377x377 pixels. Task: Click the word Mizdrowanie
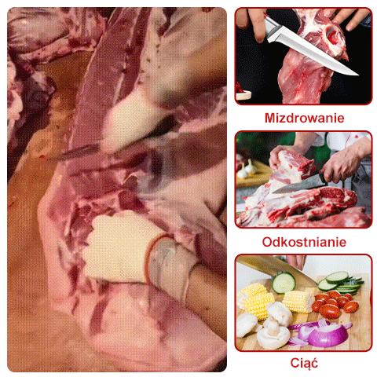click(x=304, y=118)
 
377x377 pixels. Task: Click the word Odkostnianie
click(x=304, y=242)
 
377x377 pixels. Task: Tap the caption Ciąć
click(x=304, y=363)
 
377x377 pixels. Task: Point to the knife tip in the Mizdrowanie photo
click(x=357, y=75)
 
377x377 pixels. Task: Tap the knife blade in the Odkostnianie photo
click(x=298, y=187)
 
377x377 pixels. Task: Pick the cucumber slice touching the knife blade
click(x=284, y=283)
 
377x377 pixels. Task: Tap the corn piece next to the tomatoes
click(x=298, y=302)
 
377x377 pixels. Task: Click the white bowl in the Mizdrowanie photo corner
click(x=243, y=94)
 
